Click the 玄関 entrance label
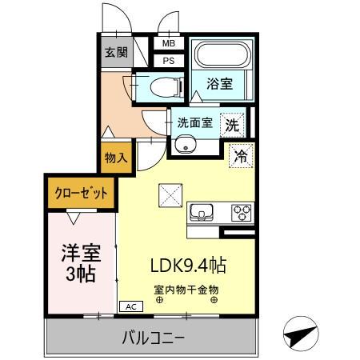116,52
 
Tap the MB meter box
169,43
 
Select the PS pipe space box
169,61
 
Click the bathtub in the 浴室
223,55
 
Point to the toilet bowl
166,87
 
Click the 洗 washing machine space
232,125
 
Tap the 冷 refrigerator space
241,156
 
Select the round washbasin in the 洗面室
186,144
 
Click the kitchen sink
202,212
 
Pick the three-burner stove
242,213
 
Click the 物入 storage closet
116,158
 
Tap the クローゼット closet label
81,193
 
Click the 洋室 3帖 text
81,263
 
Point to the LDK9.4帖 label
189,266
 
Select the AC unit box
131,306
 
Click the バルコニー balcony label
153,338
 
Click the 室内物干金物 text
186,290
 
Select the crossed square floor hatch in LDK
170,195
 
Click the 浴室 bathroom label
220,84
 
